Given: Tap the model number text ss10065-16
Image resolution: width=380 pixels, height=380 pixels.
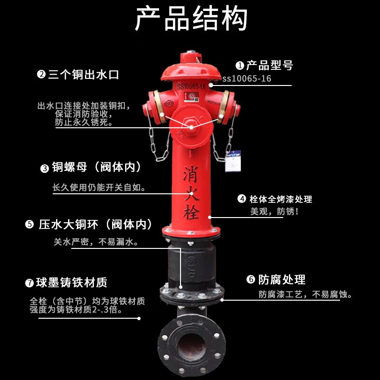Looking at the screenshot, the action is [x=247, y=78].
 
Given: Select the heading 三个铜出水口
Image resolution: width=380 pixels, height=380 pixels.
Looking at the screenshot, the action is [x=84, y=75].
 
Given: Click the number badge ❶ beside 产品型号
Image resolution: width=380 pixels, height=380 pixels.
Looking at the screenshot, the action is [x=240, y=65].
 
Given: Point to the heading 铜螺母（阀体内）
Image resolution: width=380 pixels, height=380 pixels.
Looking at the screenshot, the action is [x=96, y=167].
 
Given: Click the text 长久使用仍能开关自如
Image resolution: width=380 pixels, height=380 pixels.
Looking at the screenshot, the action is [x=99, y=187].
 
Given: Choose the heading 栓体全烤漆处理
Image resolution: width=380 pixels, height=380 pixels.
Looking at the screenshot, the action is [x=281, y=199].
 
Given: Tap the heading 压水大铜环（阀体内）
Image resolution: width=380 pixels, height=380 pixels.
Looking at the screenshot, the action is [x=95, y=224].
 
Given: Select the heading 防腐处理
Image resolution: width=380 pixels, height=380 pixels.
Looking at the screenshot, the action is [x=282, y=279].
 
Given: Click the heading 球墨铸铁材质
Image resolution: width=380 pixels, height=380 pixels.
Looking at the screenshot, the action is [x=72, y=282].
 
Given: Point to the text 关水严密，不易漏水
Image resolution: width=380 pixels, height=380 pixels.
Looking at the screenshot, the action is [x=96, y=242].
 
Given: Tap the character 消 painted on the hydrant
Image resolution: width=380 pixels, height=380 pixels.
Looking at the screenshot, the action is [x=191, y=174].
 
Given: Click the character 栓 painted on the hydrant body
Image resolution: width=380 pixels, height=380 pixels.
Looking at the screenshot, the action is [x=191, y=212].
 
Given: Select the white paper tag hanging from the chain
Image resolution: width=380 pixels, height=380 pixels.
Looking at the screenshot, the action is [x=233, y=161].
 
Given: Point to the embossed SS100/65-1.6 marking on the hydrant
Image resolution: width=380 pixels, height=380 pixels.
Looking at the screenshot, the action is [x=191, y=86].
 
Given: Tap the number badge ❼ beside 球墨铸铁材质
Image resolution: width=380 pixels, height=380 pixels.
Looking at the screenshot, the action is [x=29, y=283].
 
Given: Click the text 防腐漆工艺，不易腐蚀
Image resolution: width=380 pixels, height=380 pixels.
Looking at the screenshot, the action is [x=305, y=294].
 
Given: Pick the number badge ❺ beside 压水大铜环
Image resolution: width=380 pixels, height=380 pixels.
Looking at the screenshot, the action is [x=29, y=224].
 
